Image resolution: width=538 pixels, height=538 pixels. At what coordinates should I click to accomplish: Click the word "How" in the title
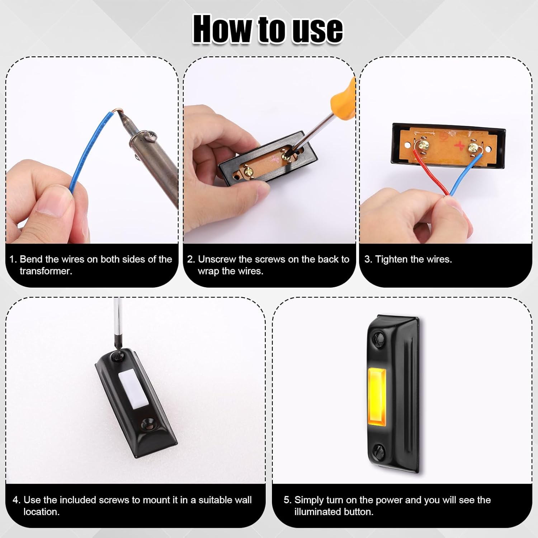(222, 29)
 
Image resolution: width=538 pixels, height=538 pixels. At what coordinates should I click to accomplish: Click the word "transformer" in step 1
(46, 271)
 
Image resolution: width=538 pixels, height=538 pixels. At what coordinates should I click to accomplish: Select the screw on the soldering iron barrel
(152, 136)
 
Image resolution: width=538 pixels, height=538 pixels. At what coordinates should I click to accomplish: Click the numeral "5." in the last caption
(287, 500)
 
